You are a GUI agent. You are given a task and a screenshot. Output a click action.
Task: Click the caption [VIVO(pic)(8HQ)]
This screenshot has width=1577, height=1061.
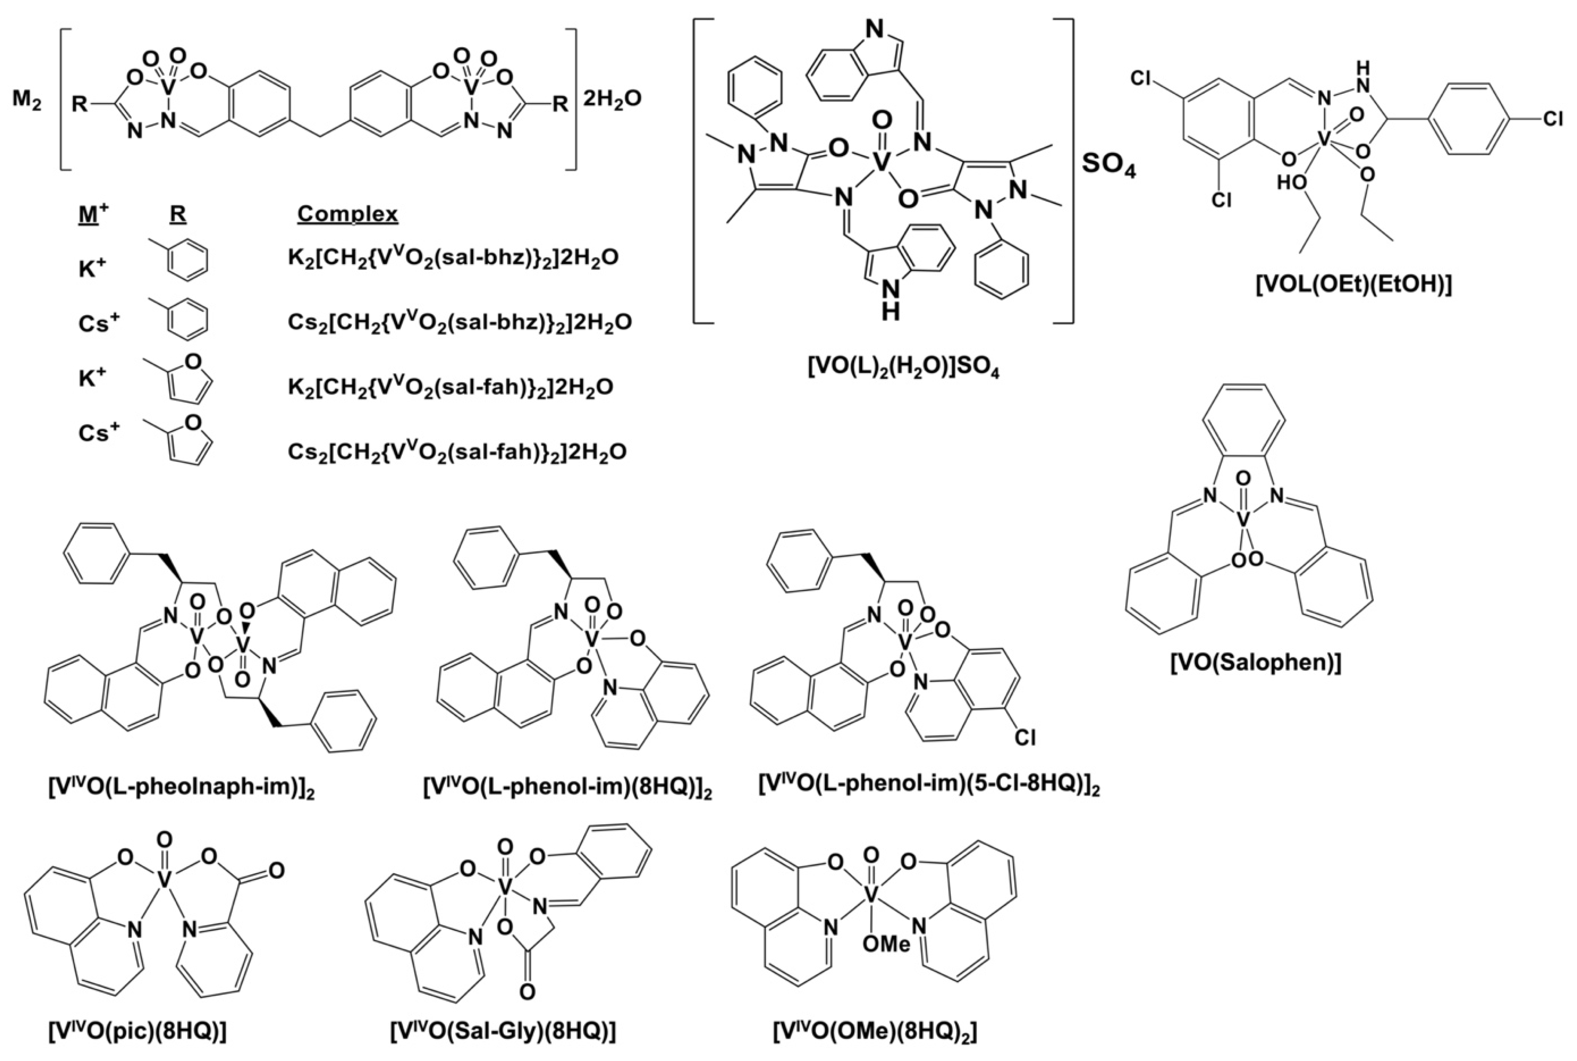[x=137, y=1031]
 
